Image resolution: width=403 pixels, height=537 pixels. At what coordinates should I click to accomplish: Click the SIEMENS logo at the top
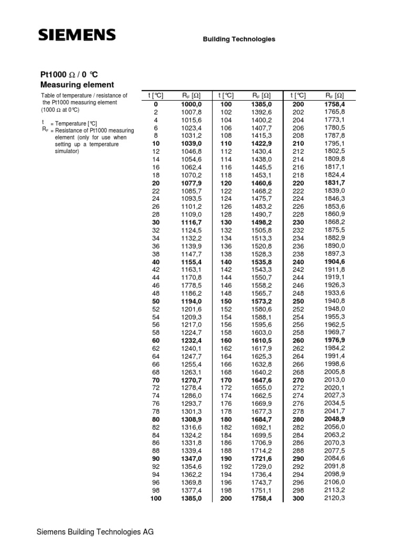coord(77,35)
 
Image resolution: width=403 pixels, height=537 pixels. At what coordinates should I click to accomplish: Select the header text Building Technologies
coord(239,39)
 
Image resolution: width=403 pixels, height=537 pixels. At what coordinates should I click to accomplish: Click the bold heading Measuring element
coord(77,84)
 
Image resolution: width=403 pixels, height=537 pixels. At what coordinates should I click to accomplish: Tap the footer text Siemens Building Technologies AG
coord(95,532)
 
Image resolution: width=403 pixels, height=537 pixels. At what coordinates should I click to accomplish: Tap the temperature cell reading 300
coord(298,498)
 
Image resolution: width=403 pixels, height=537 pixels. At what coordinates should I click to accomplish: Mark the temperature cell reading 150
coord(226,303)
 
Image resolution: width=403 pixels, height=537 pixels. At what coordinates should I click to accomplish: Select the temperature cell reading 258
coord(298,332)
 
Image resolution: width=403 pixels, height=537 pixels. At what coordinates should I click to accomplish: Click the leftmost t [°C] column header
coord(155,95)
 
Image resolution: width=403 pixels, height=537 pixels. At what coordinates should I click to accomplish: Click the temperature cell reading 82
coord(155,428)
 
